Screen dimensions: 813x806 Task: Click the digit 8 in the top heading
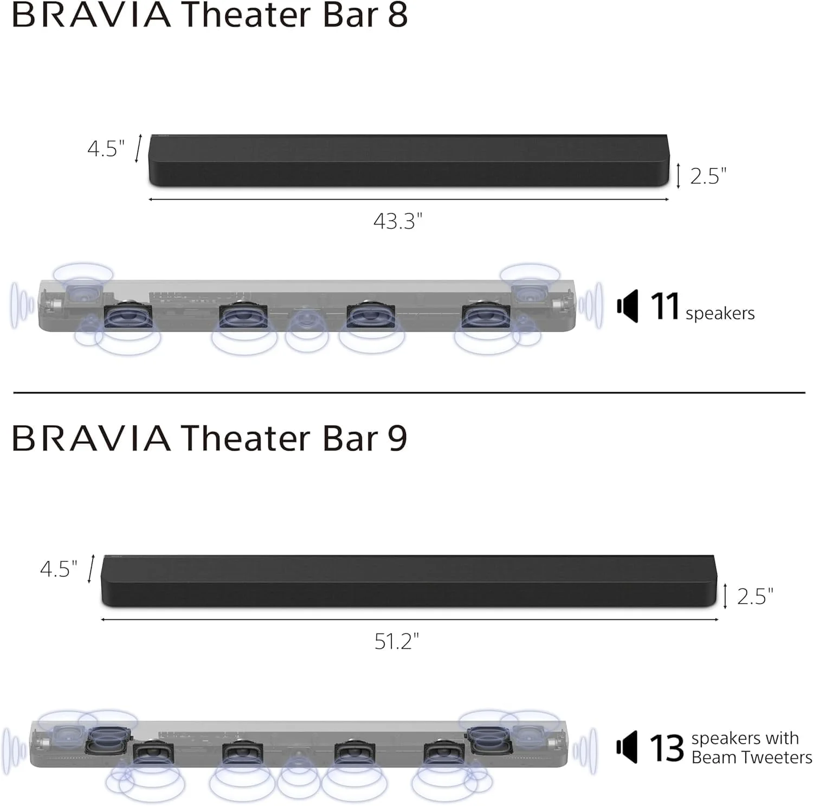pos(397,15)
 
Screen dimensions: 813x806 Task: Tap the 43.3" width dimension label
pos(398,221)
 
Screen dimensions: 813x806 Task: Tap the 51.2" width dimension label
pos(397,641)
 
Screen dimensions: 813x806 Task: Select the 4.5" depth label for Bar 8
pos(106,148)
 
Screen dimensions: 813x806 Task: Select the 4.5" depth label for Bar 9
pos(59,569)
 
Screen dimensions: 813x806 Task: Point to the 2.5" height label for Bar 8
pos(708,176)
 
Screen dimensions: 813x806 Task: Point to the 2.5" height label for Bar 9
pos(755,596)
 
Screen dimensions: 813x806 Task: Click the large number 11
pos(664,306)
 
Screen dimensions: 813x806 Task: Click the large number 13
pos(667,748)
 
